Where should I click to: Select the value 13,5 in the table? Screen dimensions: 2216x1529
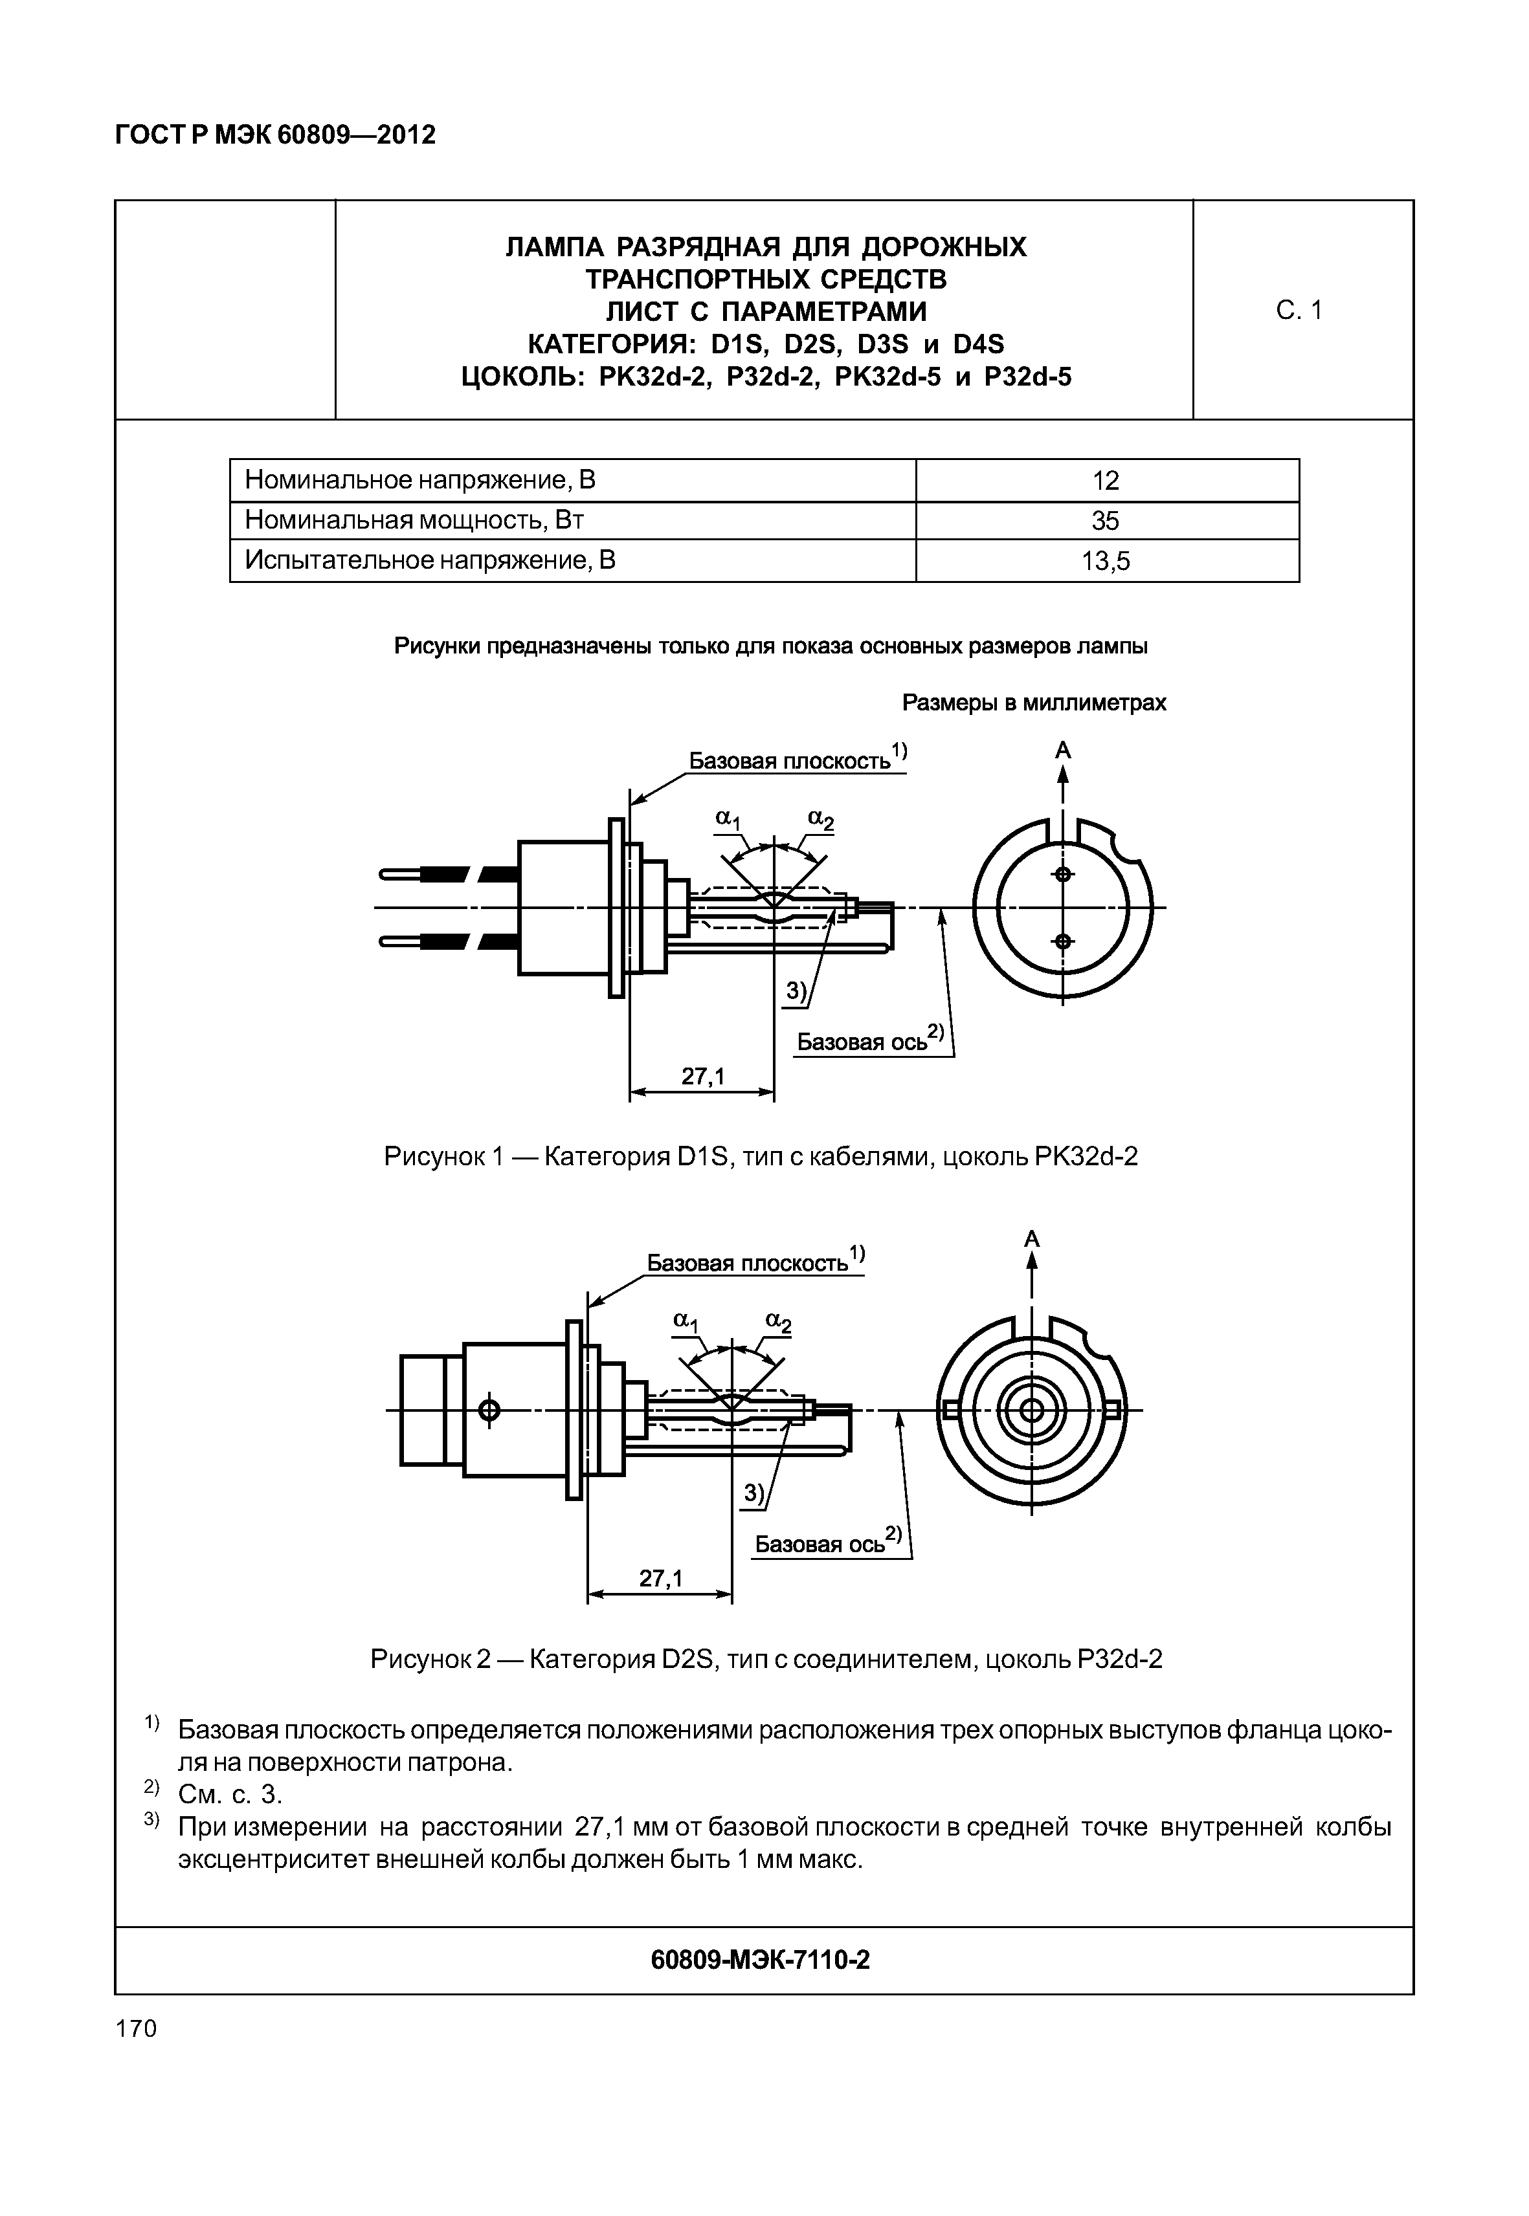click(1106, 561)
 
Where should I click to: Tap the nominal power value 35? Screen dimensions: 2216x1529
click(1106, 521)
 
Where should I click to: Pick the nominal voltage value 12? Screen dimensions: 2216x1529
click(1106, 481)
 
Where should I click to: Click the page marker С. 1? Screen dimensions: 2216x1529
click(1299, 311)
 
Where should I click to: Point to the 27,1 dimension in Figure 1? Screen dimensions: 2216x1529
click(703, 1077)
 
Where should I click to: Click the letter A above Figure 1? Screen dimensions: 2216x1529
click(1062, 751)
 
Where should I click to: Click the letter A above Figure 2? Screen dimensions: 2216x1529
click(1032, 1239)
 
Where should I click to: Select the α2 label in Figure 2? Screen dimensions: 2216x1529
click(778, 1322)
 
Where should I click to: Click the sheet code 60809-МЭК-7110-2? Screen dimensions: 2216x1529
click(760, 1960)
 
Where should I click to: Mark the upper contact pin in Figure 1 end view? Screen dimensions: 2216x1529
click(1062, 874)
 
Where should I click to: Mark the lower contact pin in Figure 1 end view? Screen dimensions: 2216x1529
click(1062, 941)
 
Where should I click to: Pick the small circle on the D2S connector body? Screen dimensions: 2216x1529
click(489, 1410)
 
